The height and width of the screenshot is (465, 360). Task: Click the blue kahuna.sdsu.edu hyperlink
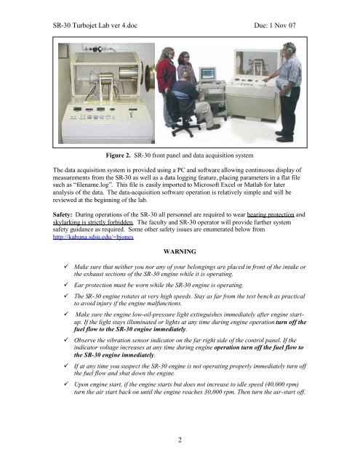(93, 237)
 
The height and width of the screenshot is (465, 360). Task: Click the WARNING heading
(180, 251)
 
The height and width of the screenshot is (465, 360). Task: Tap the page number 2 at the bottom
(180, 440)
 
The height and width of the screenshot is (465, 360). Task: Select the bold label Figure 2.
(118, 155)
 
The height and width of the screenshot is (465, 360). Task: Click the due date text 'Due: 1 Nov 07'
(275, 25)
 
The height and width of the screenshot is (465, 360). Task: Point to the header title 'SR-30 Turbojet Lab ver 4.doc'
(95, 25)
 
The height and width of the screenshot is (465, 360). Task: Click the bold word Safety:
(63, 215)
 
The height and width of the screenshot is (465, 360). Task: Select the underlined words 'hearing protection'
(271, 215)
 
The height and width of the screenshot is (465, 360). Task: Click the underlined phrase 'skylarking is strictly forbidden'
(93, 222)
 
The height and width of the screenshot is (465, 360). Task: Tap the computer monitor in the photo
(207, 74)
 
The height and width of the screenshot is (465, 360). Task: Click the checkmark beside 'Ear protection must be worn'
(66, 285)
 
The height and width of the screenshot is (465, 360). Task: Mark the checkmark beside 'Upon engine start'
(66, 384)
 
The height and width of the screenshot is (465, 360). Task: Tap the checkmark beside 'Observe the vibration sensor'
(66, 340)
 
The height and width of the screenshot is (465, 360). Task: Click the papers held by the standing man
(282, 87)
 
